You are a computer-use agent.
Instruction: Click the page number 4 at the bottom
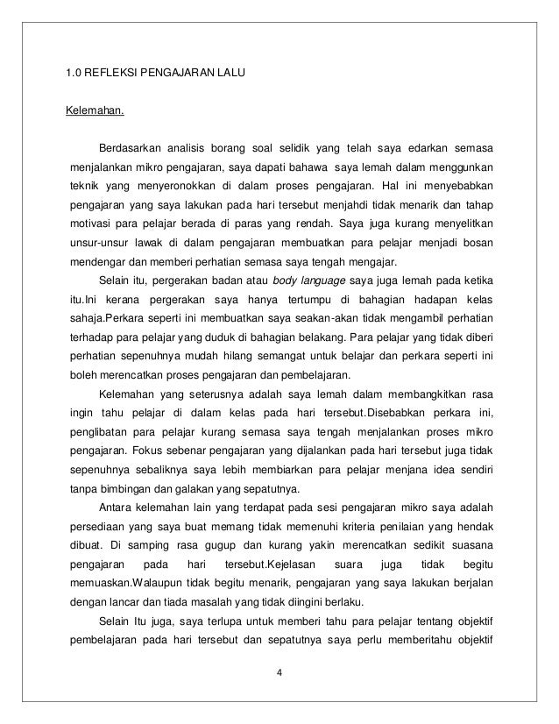(x=279, y=672)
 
